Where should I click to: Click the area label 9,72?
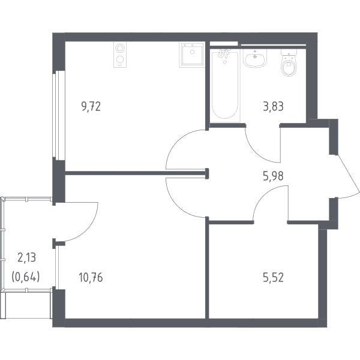(91, 107)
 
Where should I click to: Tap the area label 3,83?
(273, 107)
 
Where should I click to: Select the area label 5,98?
(273, 176)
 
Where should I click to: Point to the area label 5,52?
(273, 277)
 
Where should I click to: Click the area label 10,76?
(91, 277)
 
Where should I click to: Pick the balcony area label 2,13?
(27, 257)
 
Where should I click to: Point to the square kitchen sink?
(192, 55)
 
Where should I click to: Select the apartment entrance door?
(348, 176)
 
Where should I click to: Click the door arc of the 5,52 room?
(264, 193)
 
